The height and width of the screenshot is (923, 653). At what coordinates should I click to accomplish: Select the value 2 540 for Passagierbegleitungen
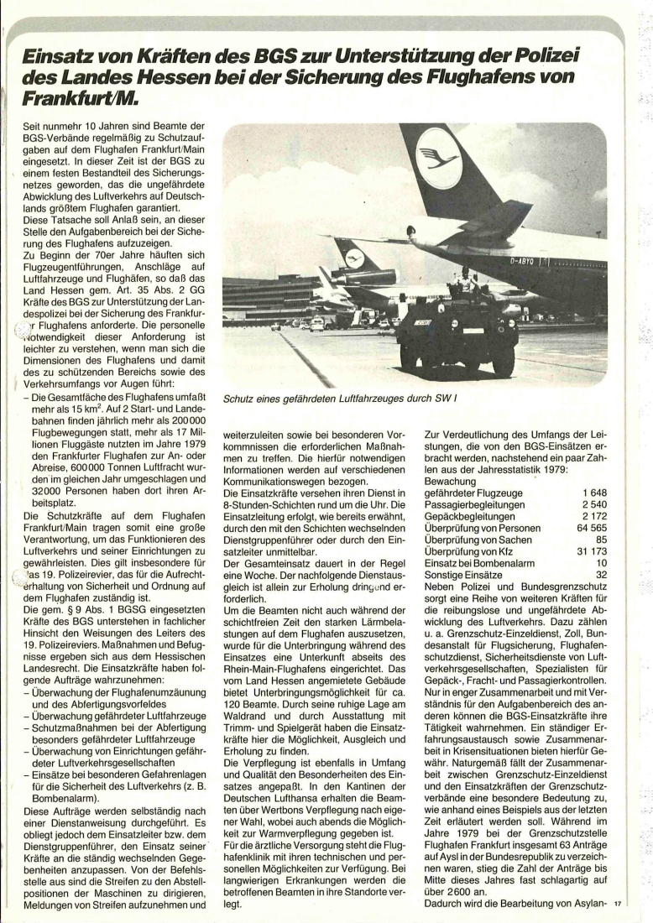click(591, 504)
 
